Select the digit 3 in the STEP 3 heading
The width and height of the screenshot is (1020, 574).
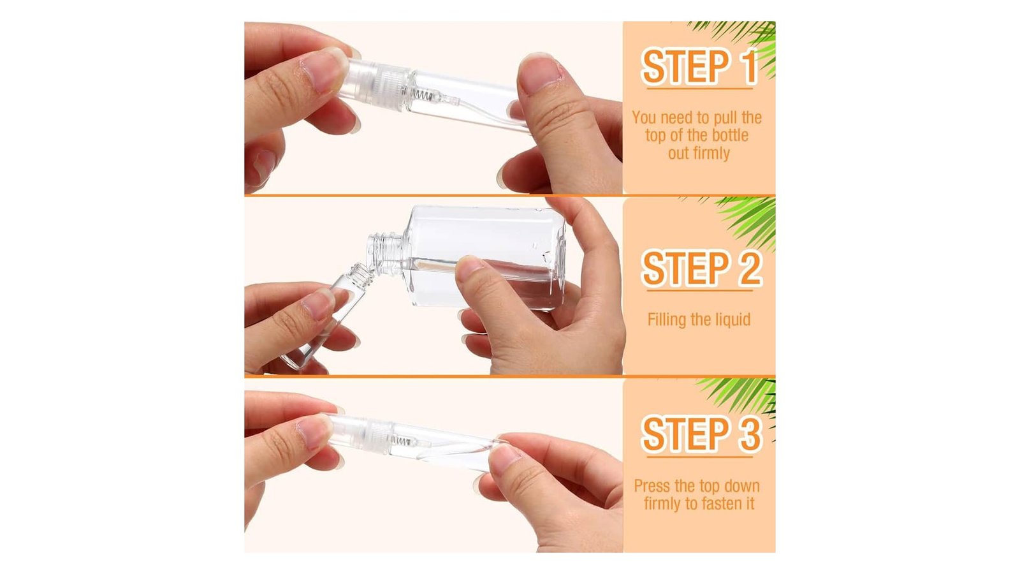pos(748,434)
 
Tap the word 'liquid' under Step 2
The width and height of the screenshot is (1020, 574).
pos(731,320)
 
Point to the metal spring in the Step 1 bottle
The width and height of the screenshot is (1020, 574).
pos(423,95)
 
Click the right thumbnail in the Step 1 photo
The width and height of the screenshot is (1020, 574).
pos(540,73)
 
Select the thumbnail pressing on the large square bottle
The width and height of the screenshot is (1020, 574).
pos(469,269)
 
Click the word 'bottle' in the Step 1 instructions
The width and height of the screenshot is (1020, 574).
pos(730,135)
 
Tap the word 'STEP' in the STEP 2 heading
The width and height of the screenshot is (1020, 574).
pos(685,269)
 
